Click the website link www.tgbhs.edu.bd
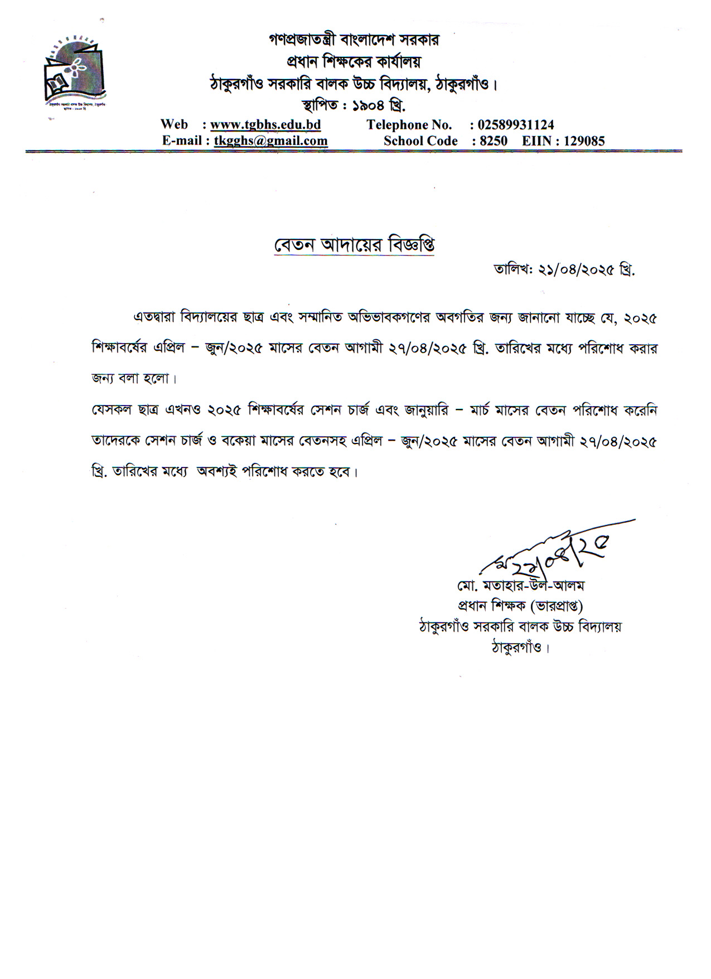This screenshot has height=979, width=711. pyautogui.click(x=265, y=124)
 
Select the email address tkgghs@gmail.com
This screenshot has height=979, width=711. pyautogui.click(x=271, y=141)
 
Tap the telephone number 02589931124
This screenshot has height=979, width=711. pyautogui.click(x=516, y=124)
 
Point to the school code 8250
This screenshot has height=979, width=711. pyautogui.click(x=494, y=141)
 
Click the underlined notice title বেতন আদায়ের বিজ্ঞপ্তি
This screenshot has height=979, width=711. pyautogui.click(x=354, y=245)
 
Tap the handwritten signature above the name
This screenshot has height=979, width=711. pyautogui.click(x=552, y=552)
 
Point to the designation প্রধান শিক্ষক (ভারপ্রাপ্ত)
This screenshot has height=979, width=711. pyautogui.click(x=520, y=606)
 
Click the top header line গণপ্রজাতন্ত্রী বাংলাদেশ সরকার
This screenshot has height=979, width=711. pyautogui.click(x=354, y=40)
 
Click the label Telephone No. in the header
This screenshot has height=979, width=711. pyautogui.click(x=409, y=124)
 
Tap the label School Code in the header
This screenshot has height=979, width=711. pyautogui.click(x=420, y=141)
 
